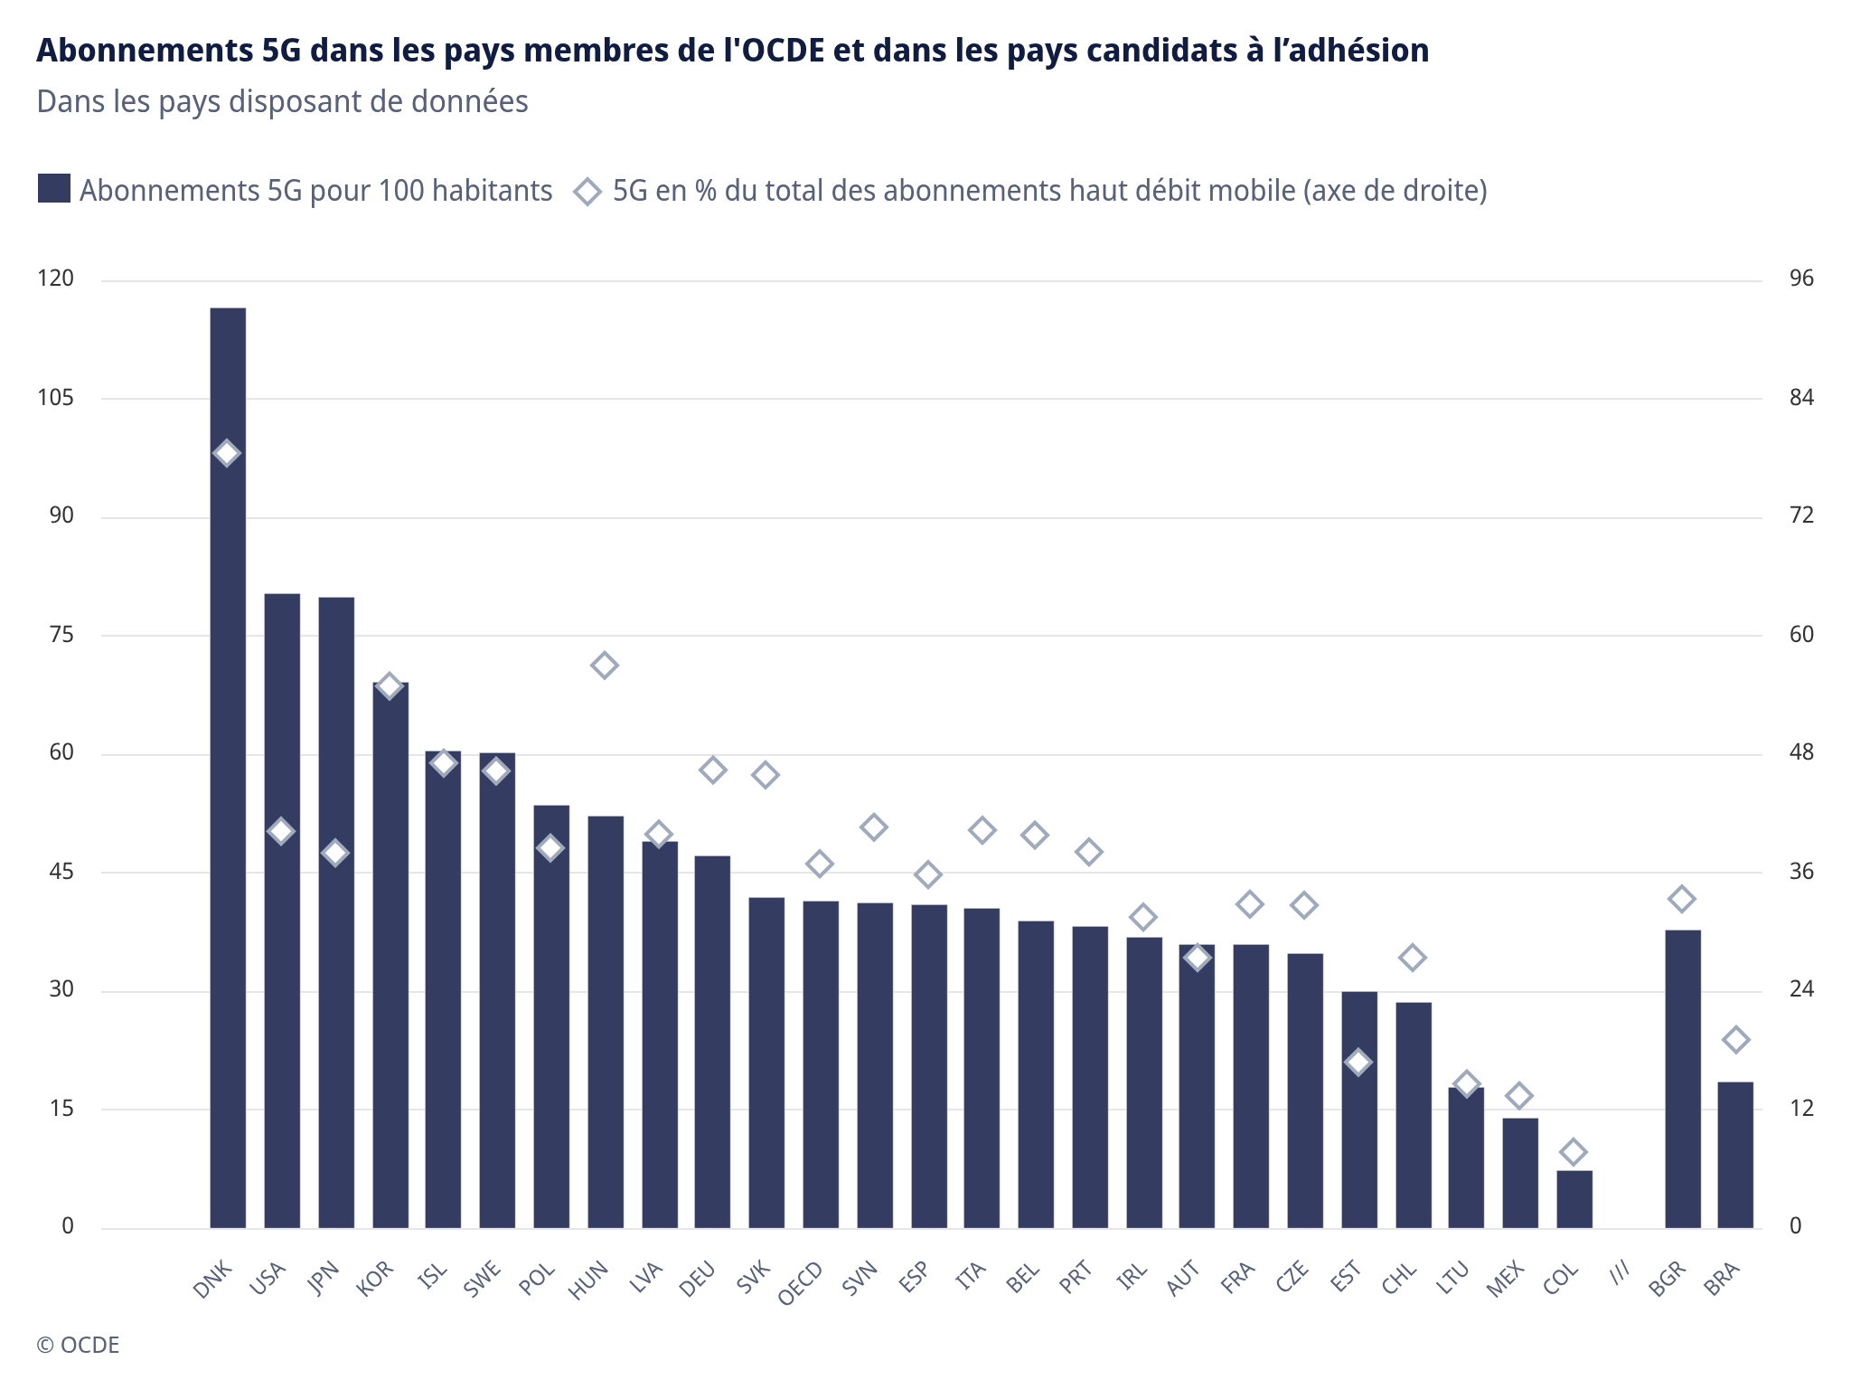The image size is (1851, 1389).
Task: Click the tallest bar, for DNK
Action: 228,769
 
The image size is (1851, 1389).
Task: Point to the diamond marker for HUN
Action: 605,666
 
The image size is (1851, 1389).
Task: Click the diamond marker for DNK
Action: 227,453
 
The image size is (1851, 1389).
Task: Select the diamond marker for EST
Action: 1358,1062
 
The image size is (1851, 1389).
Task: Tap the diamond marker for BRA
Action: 1735,1040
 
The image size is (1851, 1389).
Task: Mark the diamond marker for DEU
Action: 713,770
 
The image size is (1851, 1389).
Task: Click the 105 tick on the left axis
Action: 55,398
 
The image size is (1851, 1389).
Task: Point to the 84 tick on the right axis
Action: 1801,398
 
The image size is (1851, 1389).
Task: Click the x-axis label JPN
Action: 324,1279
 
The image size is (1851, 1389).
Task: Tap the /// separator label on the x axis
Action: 1620,1273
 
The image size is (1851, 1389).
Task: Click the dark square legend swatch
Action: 54,189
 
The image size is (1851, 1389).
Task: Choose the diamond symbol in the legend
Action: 587,191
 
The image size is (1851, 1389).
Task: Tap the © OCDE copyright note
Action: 78,1345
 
